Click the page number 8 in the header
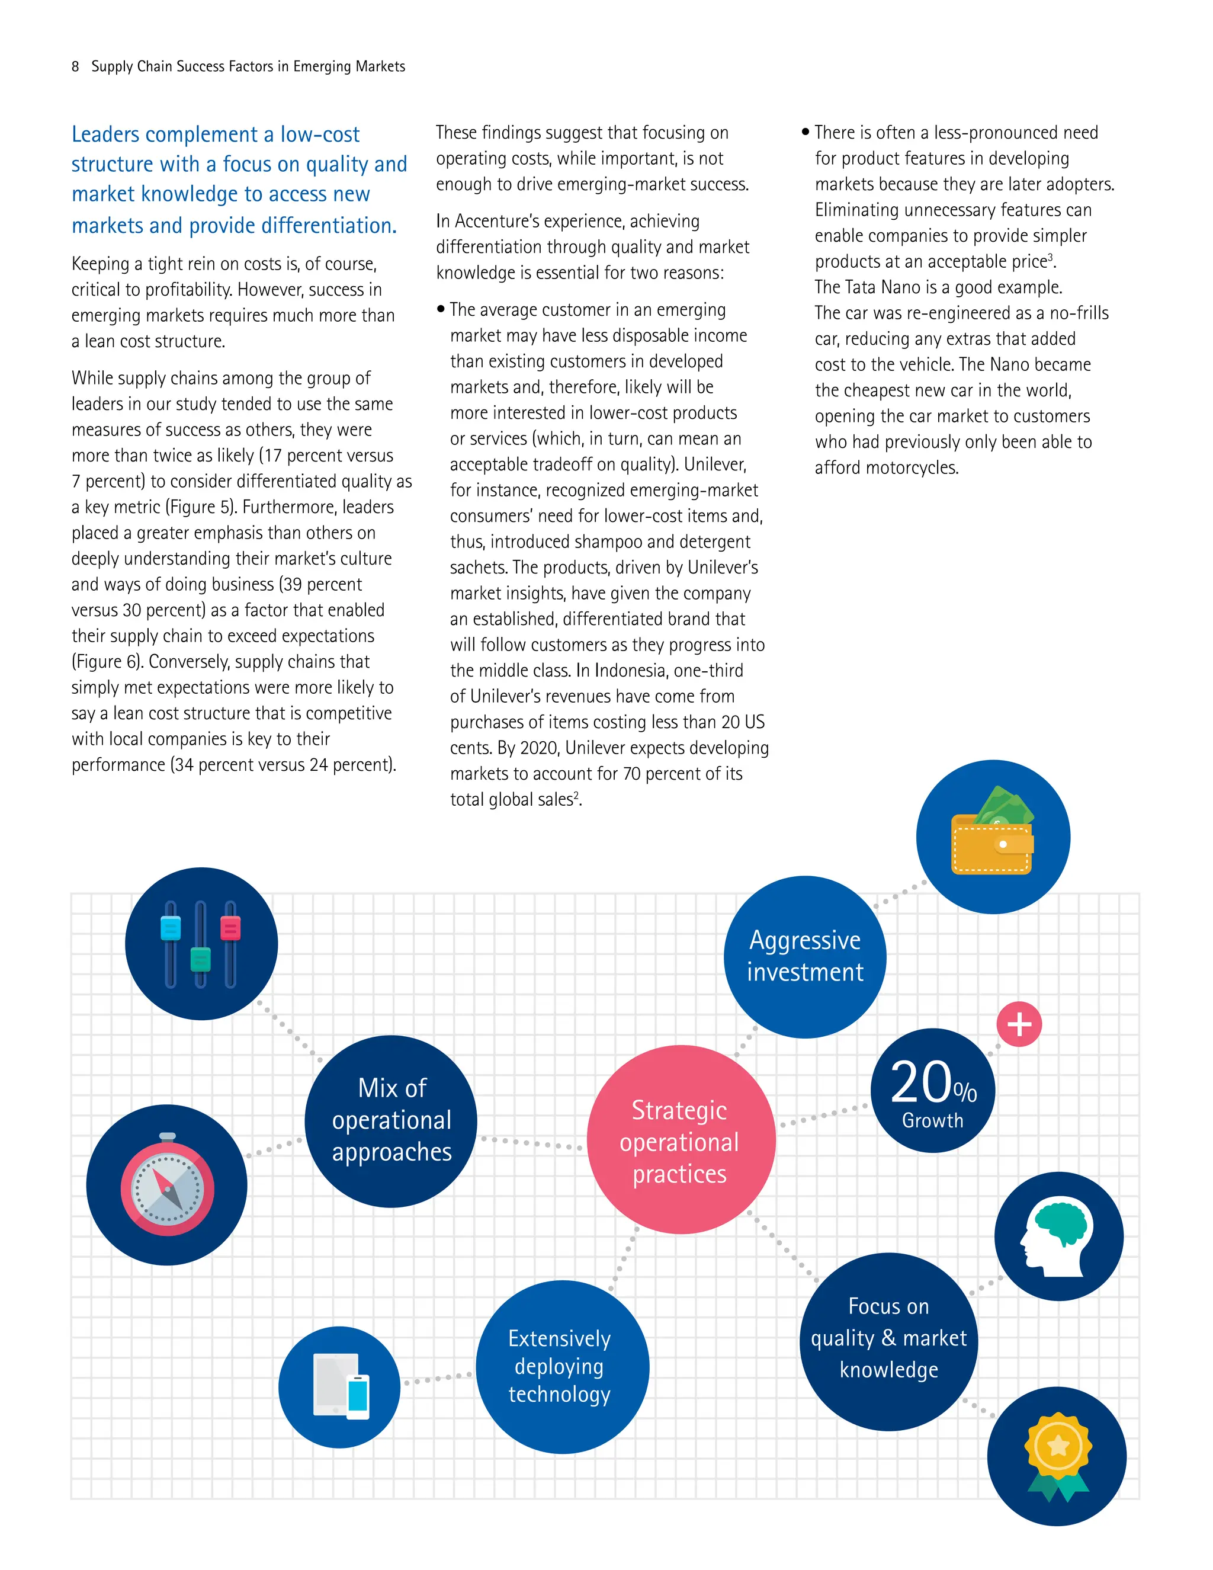(x=75, y=67)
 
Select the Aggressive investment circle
(x=805, y=957)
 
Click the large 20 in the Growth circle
(x=920, y=1082)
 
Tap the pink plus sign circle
(x=1019, y=1024)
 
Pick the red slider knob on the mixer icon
(x=230, y=928)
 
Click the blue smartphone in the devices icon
(x=358, y=1395)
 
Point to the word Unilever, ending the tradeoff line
(x=715, y=465)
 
